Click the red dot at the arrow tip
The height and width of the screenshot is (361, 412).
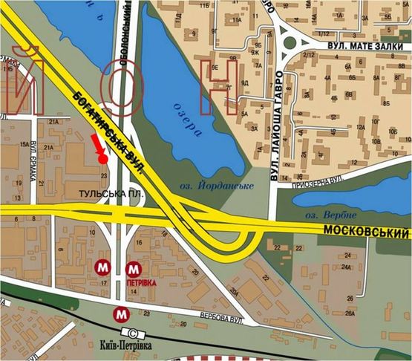click(x=102, y=158)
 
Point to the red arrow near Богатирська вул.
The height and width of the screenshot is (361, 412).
click(x=97, y=145)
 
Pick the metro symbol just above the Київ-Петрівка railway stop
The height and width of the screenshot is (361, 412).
click(x=121, y=315)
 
